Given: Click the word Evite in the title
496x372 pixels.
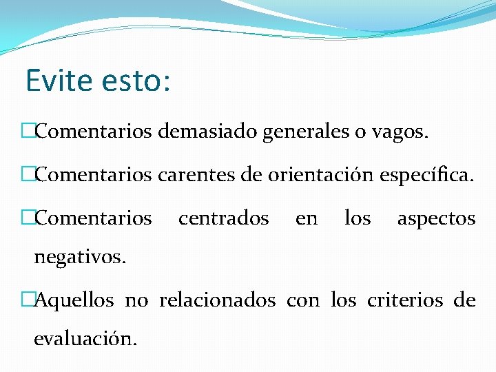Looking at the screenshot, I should coord(59,81).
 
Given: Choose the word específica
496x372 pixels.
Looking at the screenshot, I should coord(427,176).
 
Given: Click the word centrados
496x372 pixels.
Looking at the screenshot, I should coord(223,218).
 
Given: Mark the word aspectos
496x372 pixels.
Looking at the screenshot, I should coord(436,220).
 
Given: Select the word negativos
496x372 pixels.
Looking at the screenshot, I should coord(80,258).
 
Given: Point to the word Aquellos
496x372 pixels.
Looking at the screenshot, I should coord(76,300).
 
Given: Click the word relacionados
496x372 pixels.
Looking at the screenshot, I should coord(217,300).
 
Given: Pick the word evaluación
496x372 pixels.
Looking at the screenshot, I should coord(85,339).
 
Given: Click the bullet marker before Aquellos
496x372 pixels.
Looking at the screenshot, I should coord(28,300).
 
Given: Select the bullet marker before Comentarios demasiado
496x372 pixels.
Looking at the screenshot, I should coord(28,132).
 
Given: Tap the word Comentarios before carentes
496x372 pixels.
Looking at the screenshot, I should coord(93,175).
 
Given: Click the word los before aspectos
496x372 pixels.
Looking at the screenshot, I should coord(357,218).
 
